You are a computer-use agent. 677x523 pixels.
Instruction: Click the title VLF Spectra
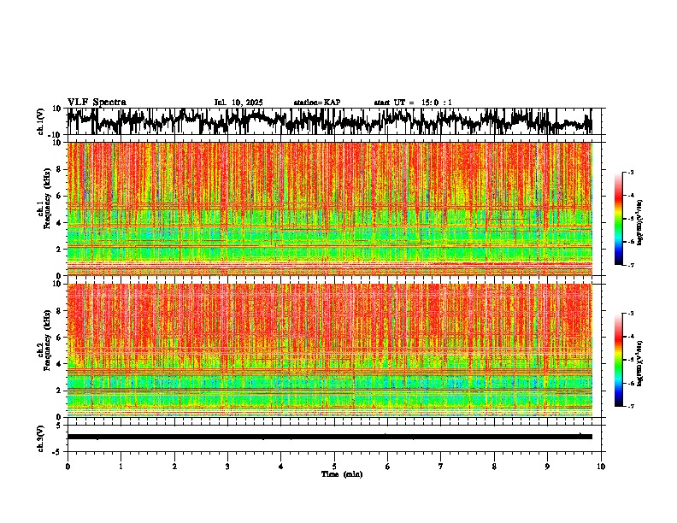pyautogui.click(x=97, y=102)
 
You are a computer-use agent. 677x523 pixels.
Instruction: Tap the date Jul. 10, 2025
pyautogui.click(x=238, y=103)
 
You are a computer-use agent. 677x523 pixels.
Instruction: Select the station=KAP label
pyautogui.click(x=317, y=103)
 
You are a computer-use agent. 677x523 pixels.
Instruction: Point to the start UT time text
pyautogui.click(x=413, y=103)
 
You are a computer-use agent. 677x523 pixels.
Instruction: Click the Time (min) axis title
pyautogui.click(x=341, y=473)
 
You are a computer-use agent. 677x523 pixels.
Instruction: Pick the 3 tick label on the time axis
pyautogui.click(x=227, y=466)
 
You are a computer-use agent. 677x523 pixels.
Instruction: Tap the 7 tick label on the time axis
pyautogui.click(x=441, y=466)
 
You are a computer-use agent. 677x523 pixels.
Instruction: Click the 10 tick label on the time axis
pyautogui.click(x=602, y=466)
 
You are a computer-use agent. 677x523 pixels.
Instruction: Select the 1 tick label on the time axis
pyautogui.click(x=121, y=466)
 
